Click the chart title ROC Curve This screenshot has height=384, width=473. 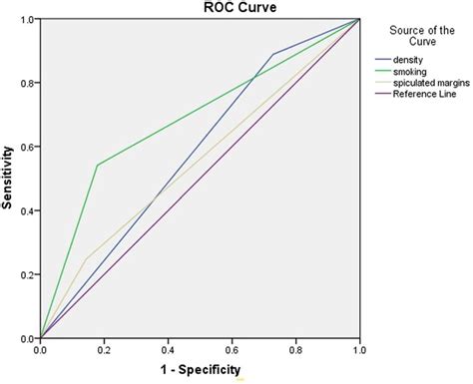pos(199,8)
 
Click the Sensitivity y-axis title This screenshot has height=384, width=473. pos(9,179)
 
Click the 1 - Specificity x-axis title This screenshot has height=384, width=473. pos(199,370)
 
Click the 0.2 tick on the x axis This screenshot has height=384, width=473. pos(104,350)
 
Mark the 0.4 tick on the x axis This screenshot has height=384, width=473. pos(168,350)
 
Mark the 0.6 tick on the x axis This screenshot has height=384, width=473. pos(232,350)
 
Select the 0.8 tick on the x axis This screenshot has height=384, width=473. pos(295,350)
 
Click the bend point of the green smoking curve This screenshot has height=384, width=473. pos(97,166)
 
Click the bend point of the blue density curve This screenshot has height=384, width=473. pos(272,54)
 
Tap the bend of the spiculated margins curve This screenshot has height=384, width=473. pos(85,258)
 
